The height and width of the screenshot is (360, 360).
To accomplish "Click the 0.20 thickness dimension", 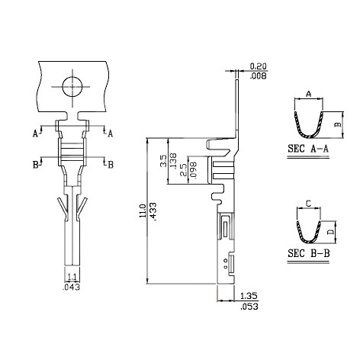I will [x=259, y=66].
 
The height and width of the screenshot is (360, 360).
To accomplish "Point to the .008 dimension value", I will [x=259, y=76].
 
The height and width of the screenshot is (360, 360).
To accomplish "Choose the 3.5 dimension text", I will [x=162, y=162].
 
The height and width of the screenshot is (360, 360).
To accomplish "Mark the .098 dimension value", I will [x=193, y=169].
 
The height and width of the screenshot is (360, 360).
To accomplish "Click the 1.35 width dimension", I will [x=249, y=296].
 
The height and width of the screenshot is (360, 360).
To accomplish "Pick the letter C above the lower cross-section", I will [x=307, y=204].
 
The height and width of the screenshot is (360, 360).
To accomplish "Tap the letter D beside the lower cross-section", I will [x=330, y=227].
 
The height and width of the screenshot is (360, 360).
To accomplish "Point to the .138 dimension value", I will [x=173, y=162].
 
